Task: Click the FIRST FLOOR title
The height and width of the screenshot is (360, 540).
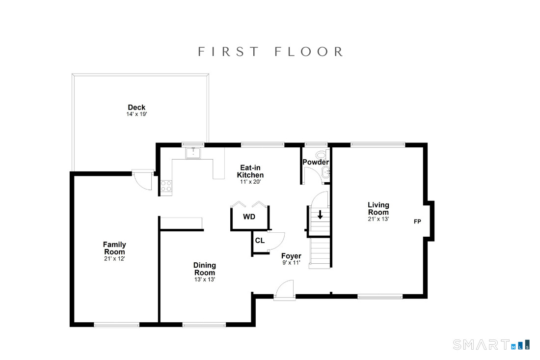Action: click(270, 52)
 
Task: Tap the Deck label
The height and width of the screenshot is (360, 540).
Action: click(137, 108)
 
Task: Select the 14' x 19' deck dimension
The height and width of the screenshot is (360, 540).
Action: click(137, 114)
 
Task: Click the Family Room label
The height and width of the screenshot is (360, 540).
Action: click(115, 248)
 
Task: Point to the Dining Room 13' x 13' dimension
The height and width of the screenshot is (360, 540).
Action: click(205, 279)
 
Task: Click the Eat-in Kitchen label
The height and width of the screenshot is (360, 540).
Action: click(250, 171)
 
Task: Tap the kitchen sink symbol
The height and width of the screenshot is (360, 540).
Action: click(193, 153)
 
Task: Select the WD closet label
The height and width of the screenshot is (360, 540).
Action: click(249, 217)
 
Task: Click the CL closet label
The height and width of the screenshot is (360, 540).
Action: click(260, 241)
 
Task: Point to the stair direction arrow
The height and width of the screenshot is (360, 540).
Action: click(320, 215)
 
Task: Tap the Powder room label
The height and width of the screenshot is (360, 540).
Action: click(316, 162)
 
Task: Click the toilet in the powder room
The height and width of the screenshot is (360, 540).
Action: click(323, 155)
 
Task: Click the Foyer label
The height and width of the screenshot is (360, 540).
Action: click(291, 256)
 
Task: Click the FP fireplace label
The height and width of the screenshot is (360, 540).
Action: click(417, 222)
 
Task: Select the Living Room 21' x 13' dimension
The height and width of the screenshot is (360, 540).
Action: click(378, 219)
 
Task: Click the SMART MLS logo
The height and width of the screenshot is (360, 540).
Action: click(491, 344)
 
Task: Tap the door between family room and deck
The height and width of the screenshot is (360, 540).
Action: click(142, 180)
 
